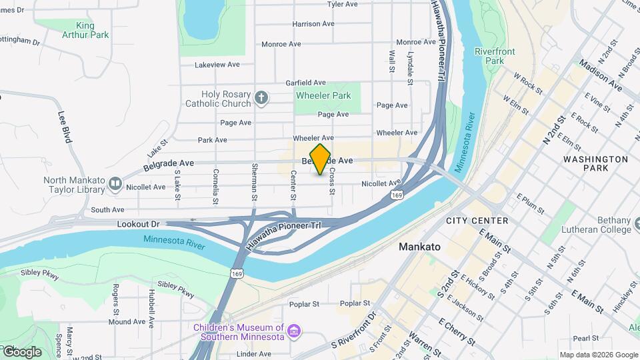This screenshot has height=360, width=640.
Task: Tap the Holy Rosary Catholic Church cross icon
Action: coord(261,99)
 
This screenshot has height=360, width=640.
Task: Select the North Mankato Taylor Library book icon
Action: coord(115,183)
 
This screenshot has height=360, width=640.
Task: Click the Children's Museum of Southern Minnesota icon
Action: coord(293,331)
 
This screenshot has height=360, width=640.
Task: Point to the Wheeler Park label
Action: coord(323,96)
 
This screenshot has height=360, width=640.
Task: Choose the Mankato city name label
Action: coord(419,247)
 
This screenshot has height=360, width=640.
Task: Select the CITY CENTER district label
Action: coord(477,221)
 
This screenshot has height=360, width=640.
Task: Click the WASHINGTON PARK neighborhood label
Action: coord(595,163)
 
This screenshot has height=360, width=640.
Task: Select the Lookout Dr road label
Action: coord(138,225)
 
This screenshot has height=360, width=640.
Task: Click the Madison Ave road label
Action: coord(601,77)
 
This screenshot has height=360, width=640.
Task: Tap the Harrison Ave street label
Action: coord(313,24)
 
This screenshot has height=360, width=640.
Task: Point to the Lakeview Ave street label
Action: coord(217,65)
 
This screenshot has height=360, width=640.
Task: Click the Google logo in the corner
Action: coord(21,351)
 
